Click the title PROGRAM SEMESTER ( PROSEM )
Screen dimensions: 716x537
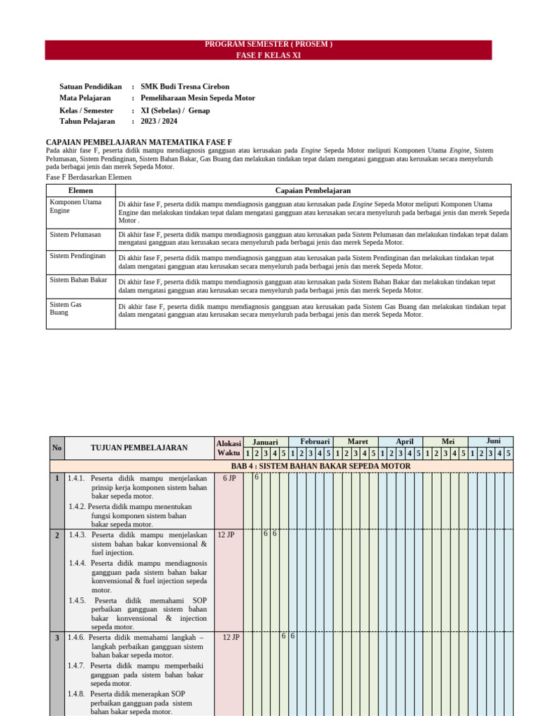coord(268,45)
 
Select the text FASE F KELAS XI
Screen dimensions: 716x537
coord(268,55)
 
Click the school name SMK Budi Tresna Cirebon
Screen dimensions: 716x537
coord(185,87)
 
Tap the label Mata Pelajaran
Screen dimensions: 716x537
coord(85,98)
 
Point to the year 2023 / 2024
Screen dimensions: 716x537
coord(159,121)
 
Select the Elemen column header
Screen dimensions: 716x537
coord(80,190)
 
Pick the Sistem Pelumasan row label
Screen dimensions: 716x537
coord(76,234)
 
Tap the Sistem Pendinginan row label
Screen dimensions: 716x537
coord(78,256)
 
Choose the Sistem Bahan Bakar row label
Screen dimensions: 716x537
coord(78,280)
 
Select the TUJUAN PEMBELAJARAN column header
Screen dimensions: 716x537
coord(138,447)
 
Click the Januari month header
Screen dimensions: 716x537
coord(265,442)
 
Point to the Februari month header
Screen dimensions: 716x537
coord(315,442)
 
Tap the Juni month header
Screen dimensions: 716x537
coord(494,441)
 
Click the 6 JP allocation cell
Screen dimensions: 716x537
coord(229,478)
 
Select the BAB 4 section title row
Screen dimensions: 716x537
coord(320,466)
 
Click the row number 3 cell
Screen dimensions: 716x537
coord(57,638)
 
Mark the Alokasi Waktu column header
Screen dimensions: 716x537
coord(229,447)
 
